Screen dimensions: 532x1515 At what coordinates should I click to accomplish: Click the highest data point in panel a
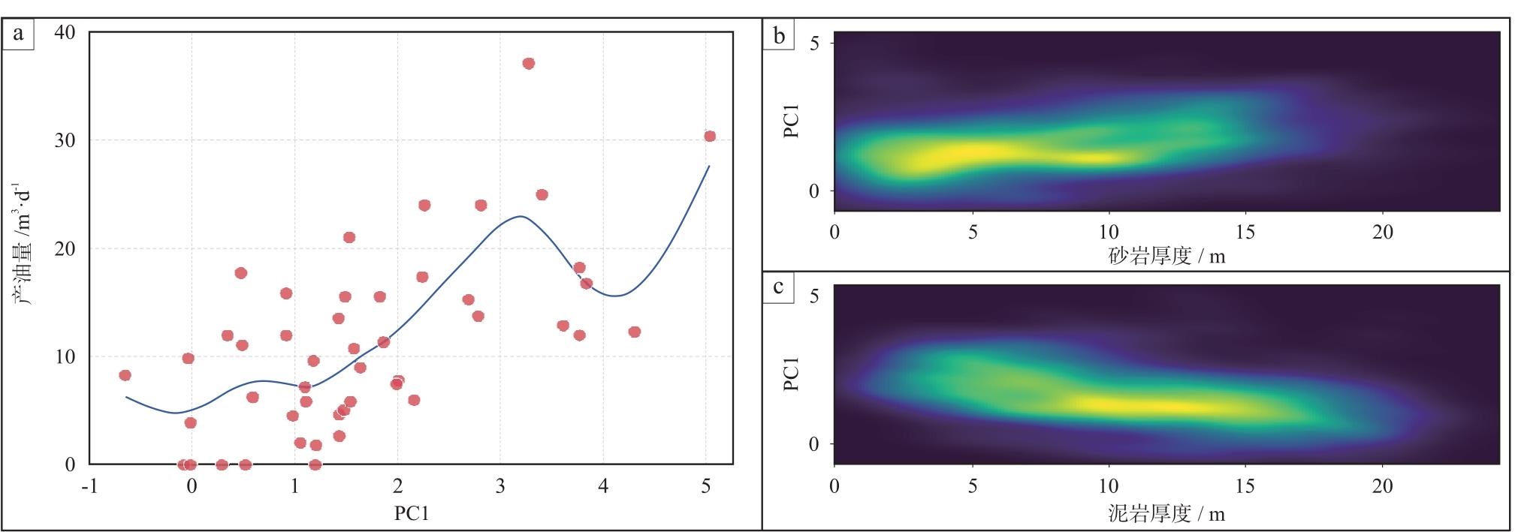point(528,64)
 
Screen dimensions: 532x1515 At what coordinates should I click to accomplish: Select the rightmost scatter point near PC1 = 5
point(709,136)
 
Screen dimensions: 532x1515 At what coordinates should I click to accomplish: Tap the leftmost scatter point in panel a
point(125,375)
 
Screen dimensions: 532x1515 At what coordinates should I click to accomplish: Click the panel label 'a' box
point(19,34)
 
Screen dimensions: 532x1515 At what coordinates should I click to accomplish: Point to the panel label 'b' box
point(779,35)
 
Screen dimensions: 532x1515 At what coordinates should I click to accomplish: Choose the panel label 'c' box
point(779,287)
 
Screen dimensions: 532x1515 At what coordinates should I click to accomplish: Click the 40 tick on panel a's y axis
point(65,32)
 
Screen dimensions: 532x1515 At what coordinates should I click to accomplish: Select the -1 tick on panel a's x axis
point(89,486)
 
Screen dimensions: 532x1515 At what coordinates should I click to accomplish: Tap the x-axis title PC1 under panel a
point(411,513)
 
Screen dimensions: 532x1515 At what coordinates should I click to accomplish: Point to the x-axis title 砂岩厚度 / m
point(1166,256)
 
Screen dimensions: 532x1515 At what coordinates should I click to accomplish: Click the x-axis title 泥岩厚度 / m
point(1166,513)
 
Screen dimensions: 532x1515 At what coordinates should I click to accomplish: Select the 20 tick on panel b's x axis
point(1382,232)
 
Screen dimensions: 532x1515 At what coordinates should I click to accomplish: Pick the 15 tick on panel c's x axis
point(1245,486)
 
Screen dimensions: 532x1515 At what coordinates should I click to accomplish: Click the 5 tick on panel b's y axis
point(814,44)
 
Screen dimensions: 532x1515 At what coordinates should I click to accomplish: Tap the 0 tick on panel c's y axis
point(814,443)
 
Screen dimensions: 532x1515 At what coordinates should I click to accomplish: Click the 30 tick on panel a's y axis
point(65,140)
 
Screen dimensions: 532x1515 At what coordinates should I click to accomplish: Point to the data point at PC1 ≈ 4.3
point(634,332)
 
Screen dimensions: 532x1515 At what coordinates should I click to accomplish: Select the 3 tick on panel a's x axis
point(500,486)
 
